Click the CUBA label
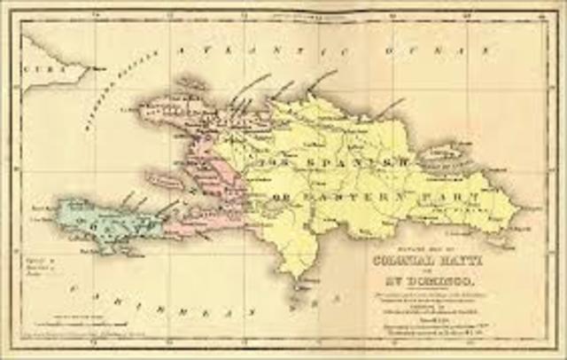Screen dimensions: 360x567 click(x=39, y=67)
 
